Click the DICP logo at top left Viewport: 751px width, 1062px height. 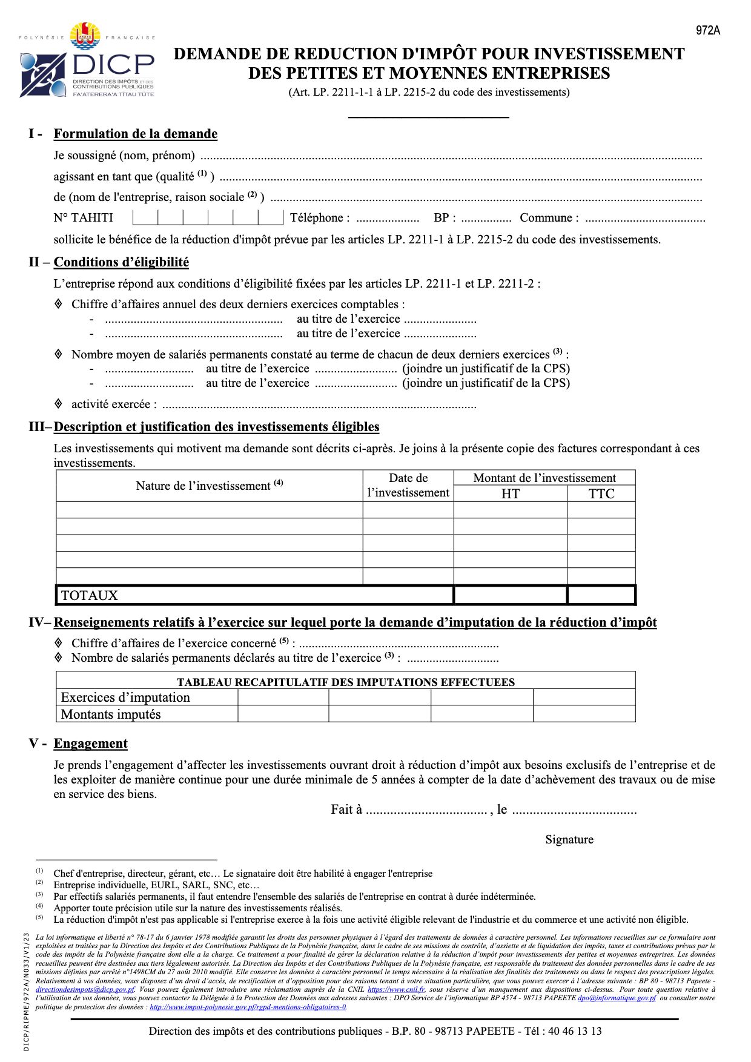tap(87, 61)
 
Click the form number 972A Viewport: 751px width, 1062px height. tap(707, 30)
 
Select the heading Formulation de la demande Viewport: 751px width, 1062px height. tap(135, 134)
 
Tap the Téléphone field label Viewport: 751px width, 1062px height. tap(320, 218)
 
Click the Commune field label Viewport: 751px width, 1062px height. tap(549, 218)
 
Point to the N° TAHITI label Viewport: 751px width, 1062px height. tap(83, 218)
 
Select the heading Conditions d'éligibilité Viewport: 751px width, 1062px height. tap(121, 262)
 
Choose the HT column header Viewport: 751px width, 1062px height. tap(510, 494)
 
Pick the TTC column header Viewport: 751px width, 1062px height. tap(601, 494)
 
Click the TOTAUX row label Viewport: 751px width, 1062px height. tap(90, 596)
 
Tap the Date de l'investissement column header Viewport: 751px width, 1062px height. tap(408, 486)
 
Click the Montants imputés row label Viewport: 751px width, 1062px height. tap(111, 714)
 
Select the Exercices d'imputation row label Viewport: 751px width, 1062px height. tap(125, 698)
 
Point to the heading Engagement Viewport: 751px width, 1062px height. tap(90, 744)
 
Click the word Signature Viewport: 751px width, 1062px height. tap(569, 839)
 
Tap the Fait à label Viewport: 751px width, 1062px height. tap(346, 810)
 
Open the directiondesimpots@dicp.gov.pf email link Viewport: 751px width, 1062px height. tap(85, 989)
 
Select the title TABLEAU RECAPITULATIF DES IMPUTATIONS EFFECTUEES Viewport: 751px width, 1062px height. tap(346, 682)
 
